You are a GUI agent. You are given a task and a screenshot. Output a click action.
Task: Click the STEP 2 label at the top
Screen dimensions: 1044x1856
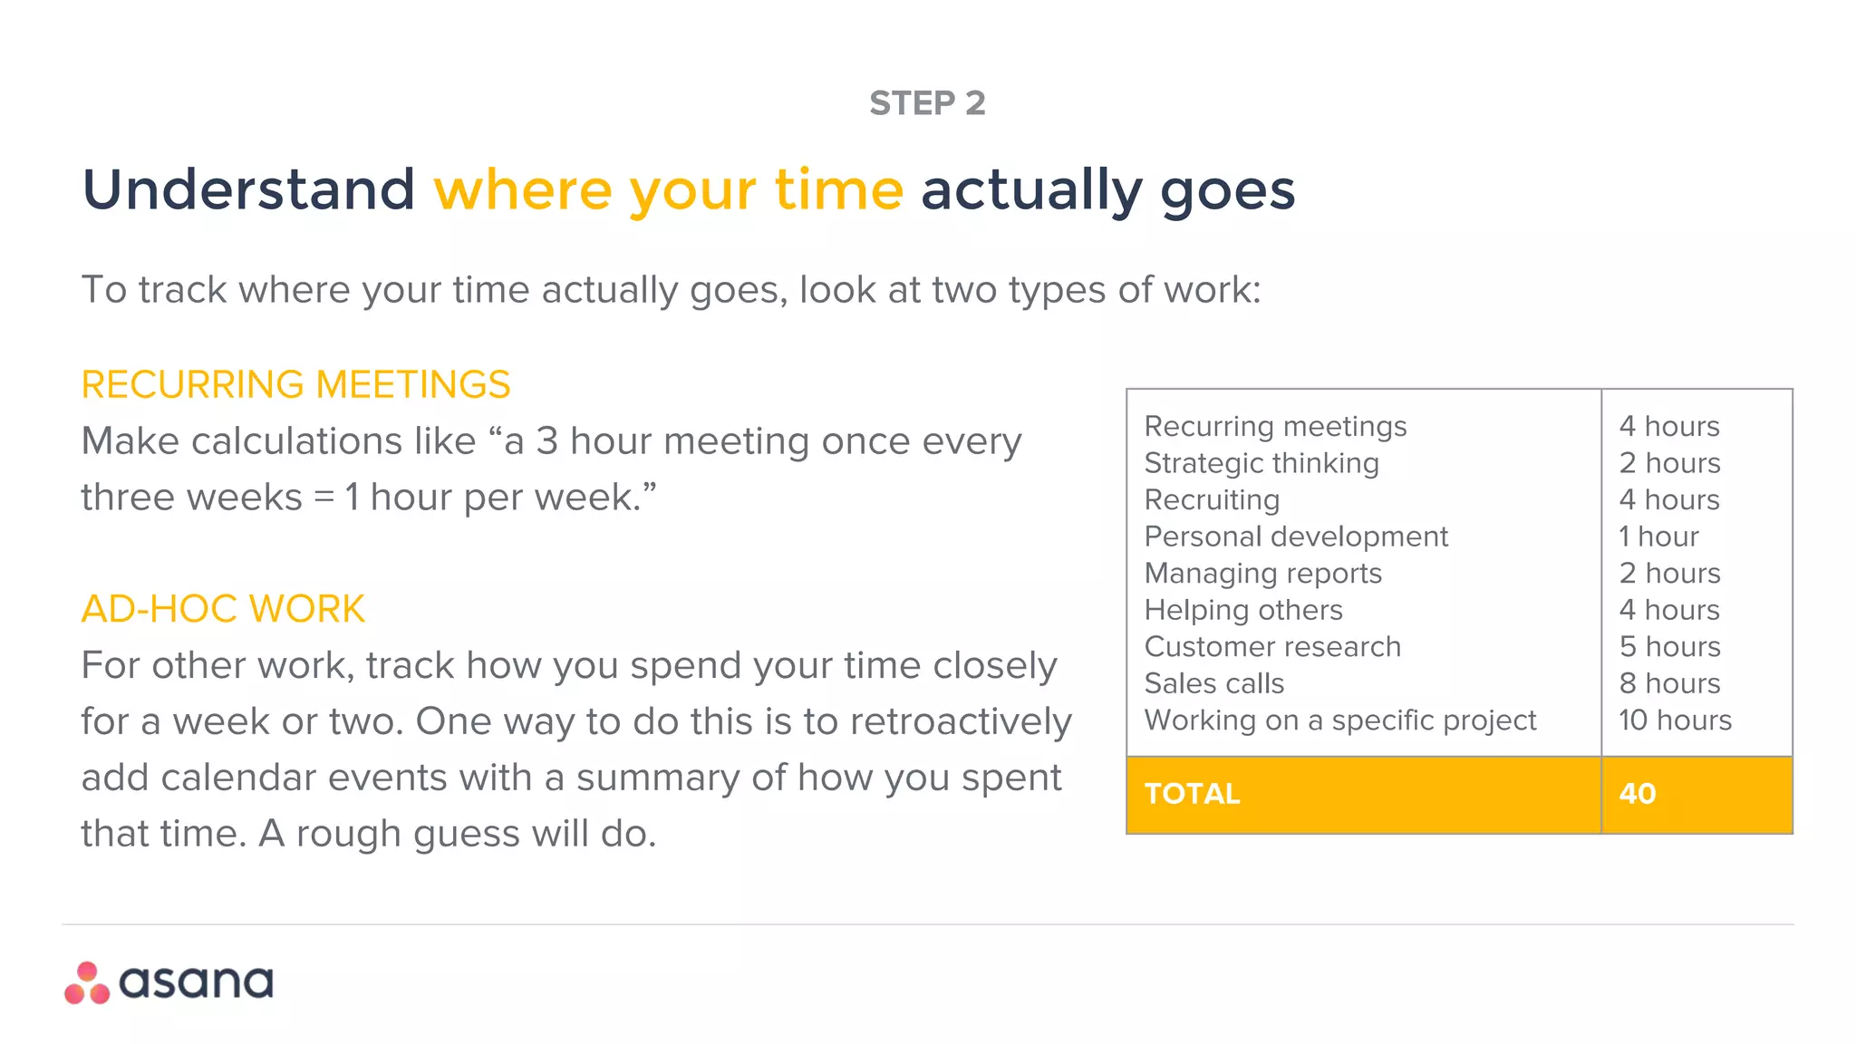pos(927,103)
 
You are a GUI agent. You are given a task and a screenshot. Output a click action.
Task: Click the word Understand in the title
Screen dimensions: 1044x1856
pos(248,190)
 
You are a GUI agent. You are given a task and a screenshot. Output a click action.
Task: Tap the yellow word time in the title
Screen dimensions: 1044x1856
pos(838,190)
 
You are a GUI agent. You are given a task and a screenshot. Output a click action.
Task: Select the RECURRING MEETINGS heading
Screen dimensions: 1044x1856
pos(295,384)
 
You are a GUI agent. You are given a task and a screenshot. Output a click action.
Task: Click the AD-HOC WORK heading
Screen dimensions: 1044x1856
pos(223,609)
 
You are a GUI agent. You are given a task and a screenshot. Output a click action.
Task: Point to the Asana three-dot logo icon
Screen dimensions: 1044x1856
pos(87,983)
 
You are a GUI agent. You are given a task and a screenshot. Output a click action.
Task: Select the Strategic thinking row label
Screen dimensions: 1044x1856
pos(1261,463)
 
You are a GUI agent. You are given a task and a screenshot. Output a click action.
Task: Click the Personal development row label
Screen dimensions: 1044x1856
pos(1296,536)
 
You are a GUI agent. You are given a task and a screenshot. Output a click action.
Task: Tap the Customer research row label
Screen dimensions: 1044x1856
pos(1272,647)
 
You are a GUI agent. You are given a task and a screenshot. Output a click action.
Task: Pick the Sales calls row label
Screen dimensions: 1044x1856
pos(1214,683)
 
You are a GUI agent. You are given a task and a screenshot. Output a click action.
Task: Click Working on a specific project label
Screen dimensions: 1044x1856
pos(1340,720)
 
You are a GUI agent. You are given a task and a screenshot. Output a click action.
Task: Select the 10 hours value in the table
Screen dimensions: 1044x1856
pos(1675,720)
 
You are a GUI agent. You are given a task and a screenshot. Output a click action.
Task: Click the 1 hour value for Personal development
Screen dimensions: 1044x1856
pos(1658,536)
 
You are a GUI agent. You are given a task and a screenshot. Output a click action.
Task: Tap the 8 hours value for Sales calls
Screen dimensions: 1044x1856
pos(1669,683)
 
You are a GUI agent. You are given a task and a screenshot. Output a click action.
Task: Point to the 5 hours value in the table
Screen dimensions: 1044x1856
pos(1669,647)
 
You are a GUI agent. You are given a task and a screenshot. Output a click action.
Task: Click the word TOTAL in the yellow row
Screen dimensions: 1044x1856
pos(1192,794)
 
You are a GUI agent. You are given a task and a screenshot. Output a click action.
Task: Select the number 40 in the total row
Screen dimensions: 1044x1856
pos(1638,794)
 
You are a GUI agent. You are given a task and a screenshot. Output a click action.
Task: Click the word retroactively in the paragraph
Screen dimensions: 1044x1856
pos(961,722)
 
